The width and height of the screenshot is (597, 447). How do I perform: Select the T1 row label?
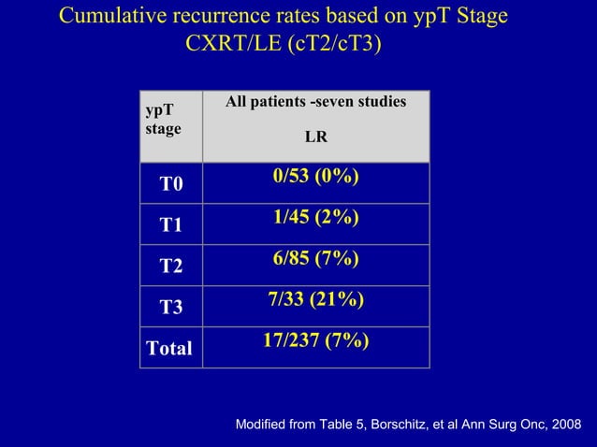(x=171, y=225)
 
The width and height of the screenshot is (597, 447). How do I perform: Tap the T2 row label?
(x=171, y=267)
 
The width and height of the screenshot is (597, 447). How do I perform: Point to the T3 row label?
(x=171, y=308)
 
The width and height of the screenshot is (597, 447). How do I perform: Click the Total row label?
(x=169, y=349)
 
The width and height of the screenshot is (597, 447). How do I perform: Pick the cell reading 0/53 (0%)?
(x=316, y=178)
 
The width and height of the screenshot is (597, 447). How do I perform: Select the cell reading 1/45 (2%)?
(x=316, y=218)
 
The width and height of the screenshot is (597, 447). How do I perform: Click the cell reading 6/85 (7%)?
(x=316, y=259)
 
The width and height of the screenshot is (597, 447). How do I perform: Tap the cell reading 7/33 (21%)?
(x=316, y=299)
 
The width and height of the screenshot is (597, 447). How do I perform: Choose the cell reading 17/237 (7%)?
(x=315, y=339)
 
